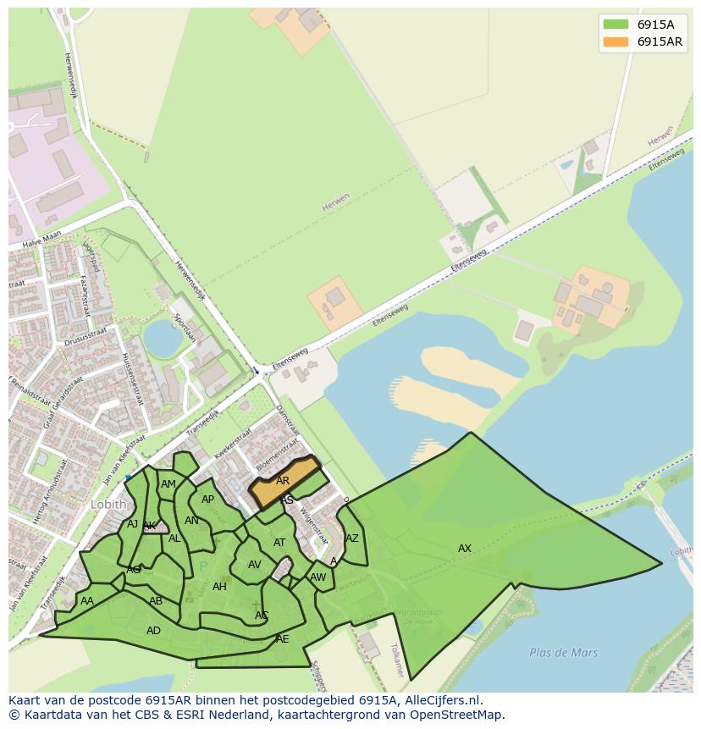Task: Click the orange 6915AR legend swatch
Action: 615,41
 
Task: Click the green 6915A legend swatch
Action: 615,24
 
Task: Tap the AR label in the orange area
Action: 283,481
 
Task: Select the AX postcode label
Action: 465,549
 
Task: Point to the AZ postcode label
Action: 352,538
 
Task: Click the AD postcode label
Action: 153,631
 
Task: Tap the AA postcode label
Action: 87,601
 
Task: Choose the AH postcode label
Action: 219,587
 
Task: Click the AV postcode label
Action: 255,565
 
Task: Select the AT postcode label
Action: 279,543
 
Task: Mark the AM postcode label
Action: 168,484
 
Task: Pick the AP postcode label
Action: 207,500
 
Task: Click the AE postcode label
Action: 282,639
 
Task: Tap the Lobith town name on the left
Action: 108,504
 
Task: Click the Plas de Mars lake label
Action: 563,653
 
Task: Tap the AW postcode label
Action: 317,577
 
